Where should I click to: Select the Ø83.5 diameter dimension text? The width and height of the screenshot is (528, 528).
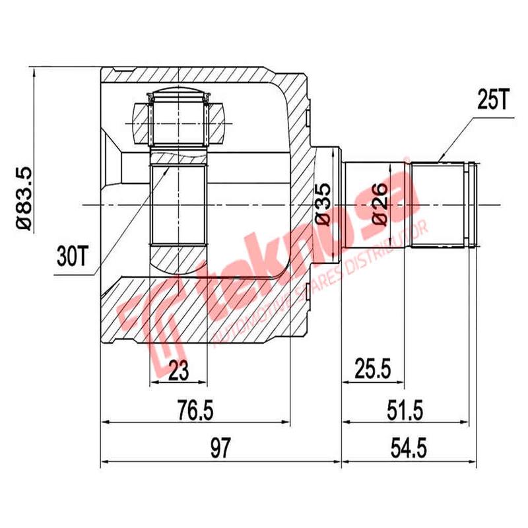pyautogui.click(x=22, y=197)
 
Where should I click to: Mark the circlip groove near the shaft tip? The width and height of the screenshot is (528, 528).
pyautogui.click(x=469, y=205)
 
